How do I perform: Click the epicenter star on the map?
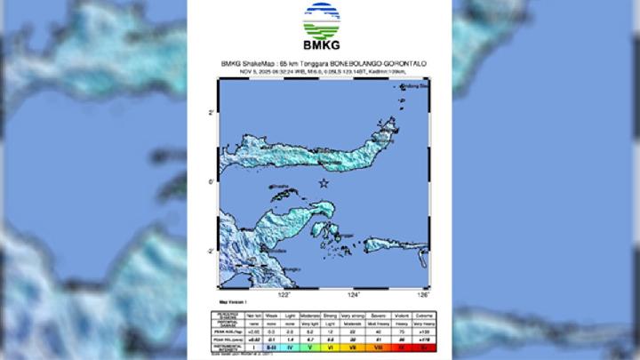click(324, 184)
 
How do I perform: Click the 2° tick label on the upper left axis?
click(211, 113)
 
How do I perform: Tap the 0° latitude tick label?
click(211, 182)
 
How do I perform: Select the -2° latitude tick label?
click(210, 252)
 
